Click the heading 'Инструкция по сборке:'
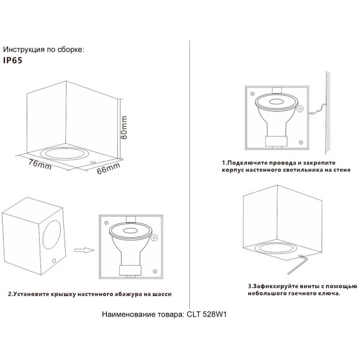pyautogui.click(x=43, y=49)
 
